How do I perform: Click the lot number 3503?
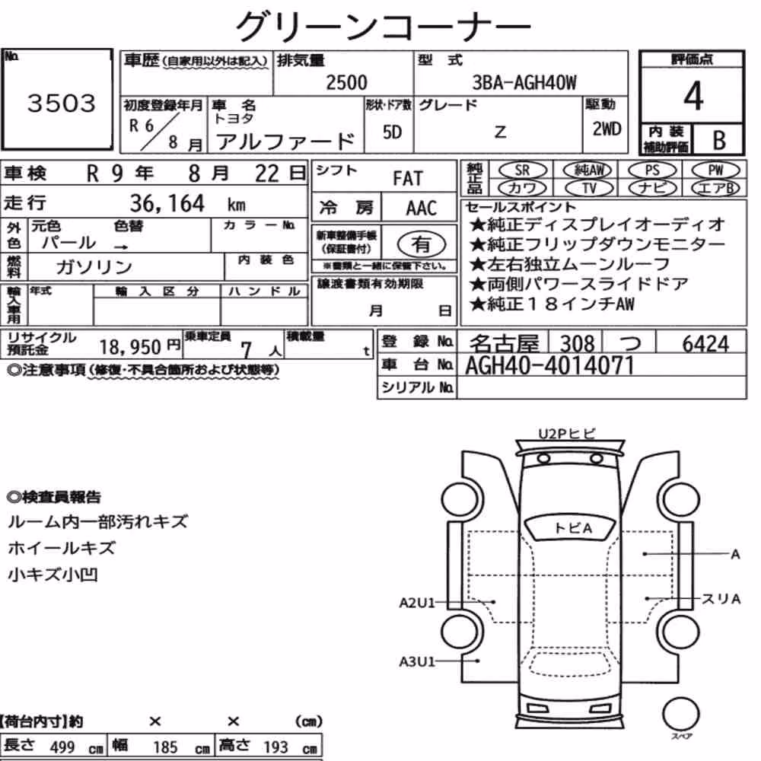[61, 103]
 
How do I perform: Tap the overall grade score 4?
[693, 96]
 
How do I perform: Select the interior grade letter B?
[719, 141]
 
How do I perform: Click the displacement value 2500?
[346, 82]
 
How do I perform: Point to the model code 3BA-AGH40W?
[524, 82]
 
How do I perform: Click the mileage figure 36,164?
[167, 203]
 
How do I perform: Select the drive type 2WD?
[607, 129]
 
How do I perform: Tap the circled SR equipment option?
[523, 170]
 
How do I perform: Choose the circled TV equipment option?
[589, 188]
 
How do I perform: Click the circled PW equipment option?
[715, 170]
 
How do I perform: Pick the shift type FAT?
[408, 179]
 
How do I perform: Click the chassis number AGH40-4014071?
[550, 365]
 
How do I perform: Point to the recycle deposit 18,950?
[130, 347]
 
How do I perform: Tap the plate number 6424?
[705, 344]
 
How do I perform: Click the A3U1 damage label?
[417, 661]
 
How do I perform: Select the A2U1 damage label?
[417, 603]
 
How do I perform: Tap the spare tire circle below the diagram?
[680, 715]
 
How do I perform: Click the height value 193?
[275, 747]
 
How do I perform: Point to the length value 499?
[62, 747]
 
